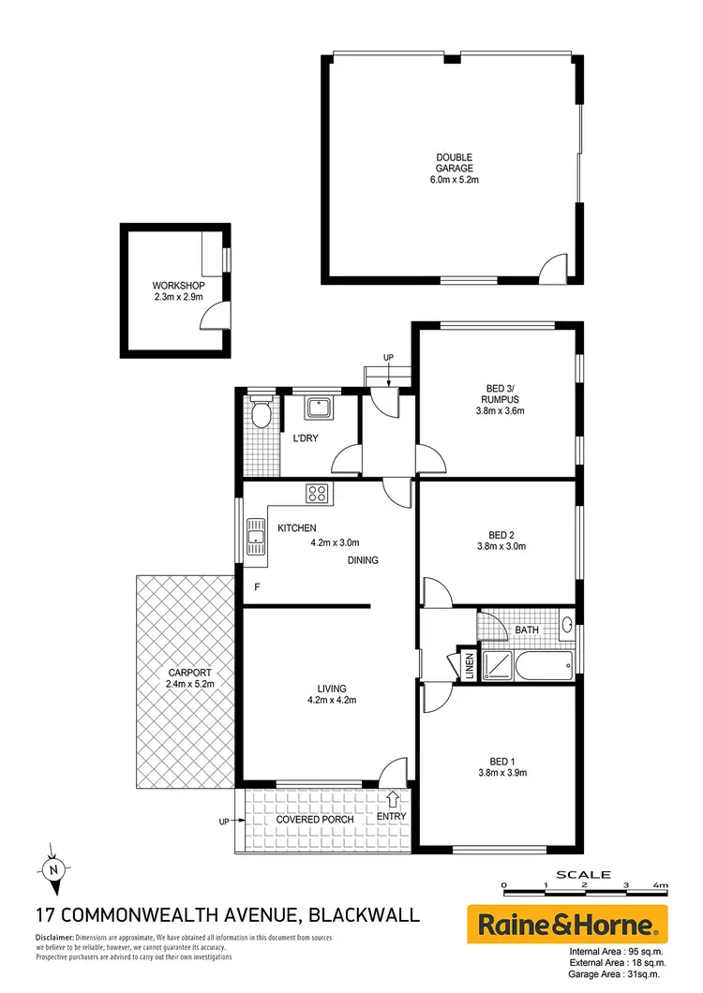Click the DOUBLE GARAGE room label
454,157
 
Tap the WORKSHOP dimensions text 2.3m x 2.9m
178,297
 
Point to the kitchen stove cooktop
316,494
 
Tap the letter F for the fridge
258,587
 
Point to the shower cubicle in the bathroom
497,664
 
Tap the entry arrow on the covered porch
392,799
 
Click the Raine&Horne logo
567,926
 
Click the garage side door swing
557,267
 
